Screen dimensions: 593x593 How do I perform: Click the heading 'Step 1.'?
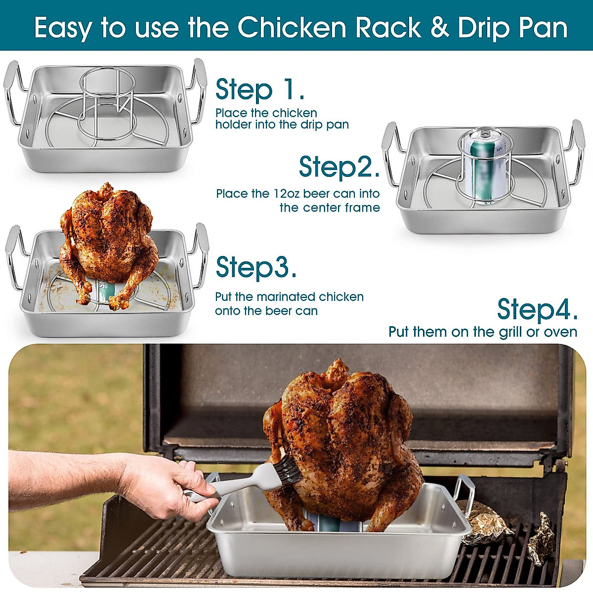(x=259, y=89)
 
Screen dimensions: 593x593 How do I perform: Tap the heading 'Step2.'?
(x=339, y=167)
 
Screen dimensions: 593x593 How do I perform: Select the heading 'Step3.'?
(x=256, y=267)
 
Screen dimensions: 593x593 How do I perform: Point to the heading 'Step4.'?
(x=537, y=309)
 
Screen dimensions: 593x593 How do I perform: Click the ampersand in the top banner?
(x=439, y=28)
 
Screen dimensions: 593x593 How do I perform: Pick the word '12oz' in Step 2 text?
(x=287, y=194)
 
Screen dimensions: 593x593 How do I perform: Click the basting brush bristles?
(x=288, y=470)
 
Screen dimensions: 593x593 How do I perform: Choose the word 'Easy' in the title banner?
(x=62, y=28)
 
